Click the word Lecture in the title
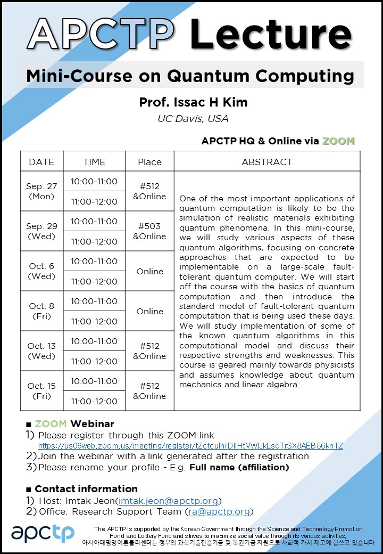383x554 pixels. click(271, 33)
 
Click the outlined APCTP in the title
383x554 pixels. click(101, 33)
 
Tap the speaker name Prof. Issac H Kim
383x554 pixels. click(193, 102)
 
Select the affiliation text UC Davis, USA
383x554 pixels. click(193, 118)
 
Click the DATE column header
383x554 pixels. click(41, 162)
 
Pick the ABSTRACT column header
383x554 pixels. click(267, 162)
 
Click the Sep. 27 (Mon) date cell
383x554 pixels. click(41, 191)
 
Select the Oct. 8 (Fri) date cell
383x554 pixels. click(41, 311)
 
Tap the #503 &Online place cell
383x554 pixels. click(149, 231)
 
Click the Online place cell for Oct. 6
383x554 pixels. click(149, 271)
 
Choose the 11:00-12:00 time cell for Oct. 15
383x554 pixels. click(94, 401)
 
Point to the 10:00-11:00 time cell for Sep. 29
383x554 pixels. click(94, 221)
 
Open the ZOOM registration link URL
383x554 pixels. click(190, 446)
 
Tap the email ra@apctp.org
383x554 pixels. click(219, 511)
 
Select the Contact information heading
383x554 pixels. click(86, 488)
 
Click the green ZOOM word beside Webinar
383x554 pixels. click(51, 424)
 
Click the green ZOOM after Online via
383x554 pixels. click(338, 141)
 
